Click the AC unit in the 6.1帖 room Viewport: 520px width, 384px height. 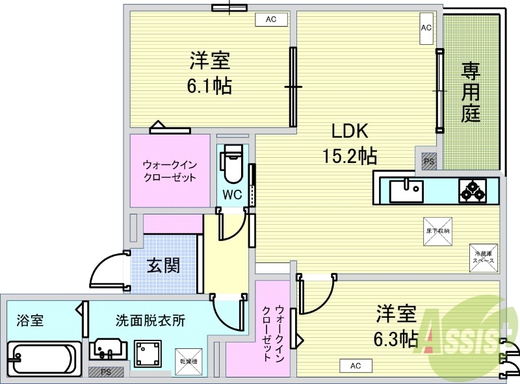pos(271,19)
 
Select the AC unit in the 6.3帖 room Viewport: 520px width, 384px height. pos(355,366)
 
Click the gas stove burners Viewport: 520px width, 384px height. pos(473,191)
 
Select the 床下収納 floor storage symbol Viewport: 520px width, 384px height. pos(438,232)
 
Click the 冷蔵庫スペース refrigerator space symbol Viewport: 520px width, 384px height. pos(484,257)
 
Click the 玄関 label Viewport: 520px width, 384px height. pos(162,266)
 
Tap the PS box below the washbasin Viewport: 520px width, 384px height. pos(100,372)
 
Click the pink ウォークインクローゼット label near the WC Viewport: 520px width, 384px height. pos(170,171)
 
